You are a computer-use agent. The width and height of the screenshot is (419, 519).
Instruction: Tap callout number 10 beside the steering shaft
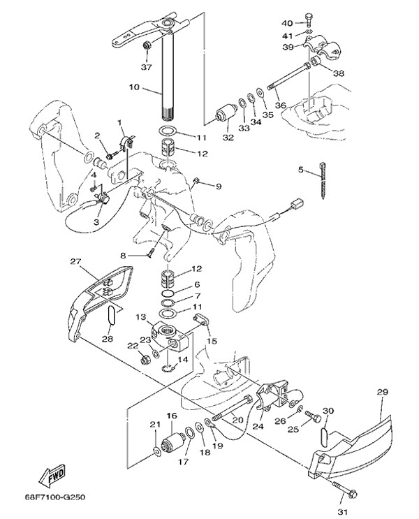(135, 88)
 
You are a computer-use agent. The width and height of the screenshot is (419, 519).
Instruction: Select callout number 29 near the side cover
(382, 393)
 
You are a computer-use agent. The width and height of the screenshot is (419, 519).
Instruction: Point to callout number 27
(75, 263)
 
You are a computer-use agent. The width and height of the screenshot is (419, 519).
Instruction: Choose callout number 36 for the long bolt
(280, 105)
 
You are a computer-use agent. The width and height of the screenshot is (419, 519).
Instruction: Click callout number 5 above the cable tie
(302, 170)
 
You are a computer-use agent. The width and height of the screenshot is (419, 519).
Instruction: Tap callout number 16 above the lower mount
(172, 416)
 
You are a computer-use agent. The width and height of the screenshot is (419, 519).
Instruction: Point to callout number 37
(146, 68)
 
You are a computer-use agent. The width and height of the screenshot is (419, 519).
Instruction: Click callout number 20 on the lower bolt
(237, 421)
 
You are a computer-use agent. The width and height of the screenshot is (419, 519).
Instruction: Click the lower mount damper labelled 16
(171, 441)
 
